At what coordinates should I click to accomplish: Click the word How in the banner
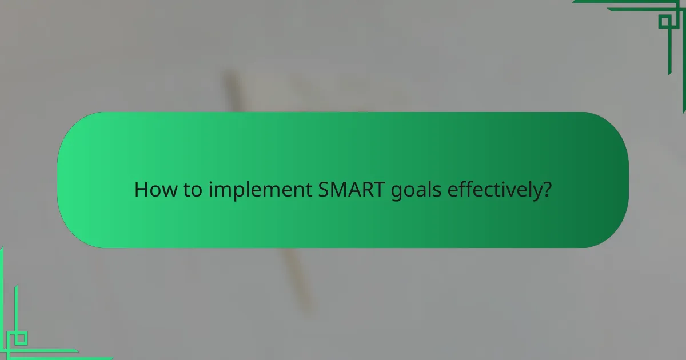151,190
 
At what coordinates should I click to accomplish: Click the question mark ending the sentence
547,190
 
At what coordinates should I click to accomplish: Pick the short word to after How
188,190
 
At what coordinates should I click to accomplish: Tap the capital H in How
140,190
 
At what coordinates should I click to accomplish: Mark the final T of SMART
380,190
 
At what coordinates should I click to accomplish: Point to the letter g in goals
396,192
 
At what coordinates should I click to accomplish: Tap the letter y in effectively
537,193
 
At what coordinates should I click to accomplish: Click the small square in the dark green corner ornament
665,22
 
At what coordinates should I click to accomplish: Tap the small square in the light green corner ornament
21,338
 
